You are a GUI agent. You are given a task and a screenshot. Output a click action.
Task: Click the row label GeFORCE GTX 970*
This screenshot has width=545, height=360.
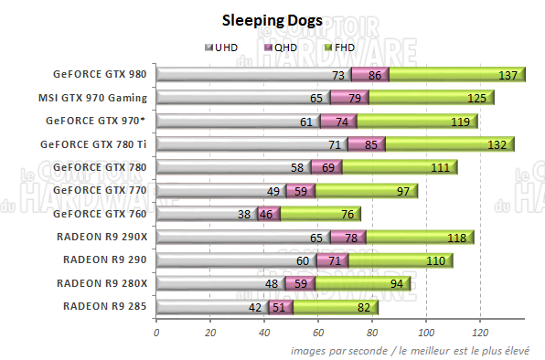click(x=102, y=120)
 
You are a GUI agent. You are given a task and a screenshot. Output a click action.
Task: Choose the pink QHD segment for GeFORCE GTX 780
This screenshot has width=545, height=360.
click(x=326, y=167)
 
